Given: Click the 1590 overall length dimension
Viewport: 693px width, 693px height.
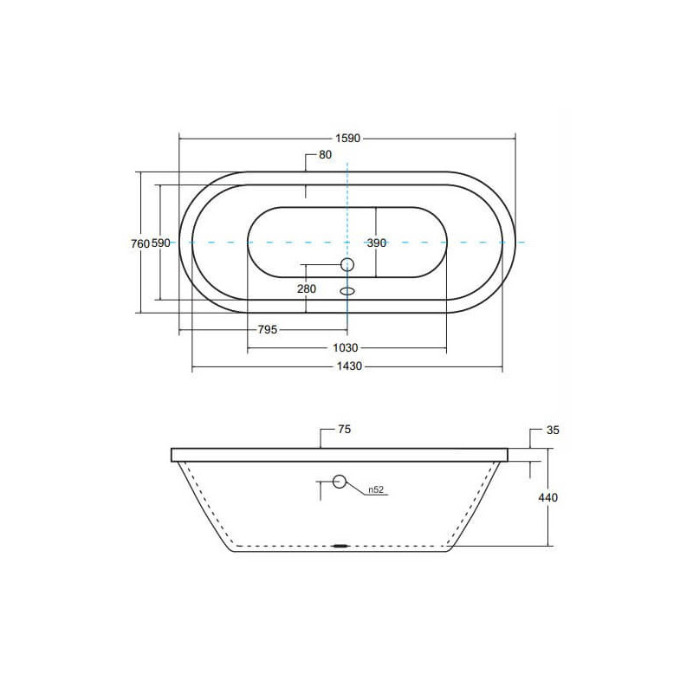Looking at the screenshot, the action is tap(348, 139).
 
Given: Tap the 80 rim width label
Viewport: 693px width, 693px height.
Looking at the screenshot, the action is tap(325, 155).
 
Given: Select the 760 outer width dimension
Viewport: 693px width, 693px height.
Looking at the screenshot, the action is tap(140, 243).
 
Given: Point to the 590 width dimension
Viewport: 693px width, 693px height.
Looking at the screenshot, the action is tap(161, 243).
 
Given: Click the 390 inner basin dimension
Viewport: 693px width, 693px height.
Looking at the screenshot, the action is tap(377, 243).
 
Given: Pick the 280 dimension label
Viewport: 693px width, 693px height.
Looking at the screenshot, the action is tap(307, 289).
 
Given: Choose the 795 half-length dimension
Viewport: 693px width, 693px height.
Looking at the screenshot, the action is tap(268, 330).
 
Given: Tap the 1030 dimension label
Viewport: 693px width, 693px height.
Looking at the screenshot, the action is tap(345, 348).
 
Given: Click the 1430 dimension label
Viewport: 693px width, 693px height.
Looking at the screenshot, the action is tap(349, 366).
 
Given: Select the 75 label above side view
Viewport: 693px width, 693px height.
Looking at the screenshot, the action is tap(344, 429).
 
